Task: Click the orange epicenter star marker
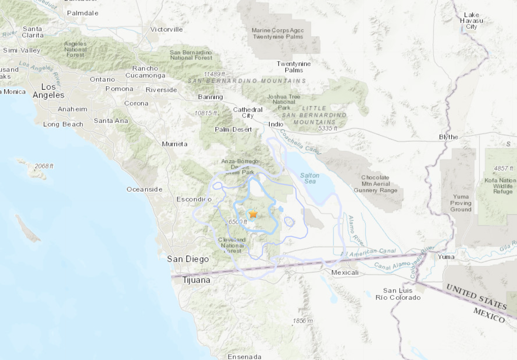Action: [x=253, y=214]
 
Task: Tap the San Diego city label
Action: [x=188, y=259]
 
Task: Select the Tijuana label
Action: [x=196, y=280]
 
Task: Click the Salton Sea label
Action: [x=310, y=178]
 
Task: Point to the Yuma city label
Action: [x=446, y=257]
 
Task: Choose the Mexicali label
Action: [x=345, y=273]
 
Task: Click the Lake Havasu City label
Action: [x=471, y=21]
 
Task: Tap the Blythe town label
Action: [x=448, y=137]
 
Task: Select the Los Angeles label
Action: [x=48, y=91]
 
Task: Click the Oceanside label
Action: [x=144, y=189]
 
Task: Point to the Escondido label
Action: [x=194, y=199]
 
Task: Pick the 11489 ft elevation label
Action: [x=214, y=74]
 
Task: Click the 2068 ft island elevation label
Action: [x=44, y=166]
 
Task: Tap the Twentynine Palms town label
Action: [x=293, y=67]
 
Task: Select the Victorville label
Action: [x=166, y=29]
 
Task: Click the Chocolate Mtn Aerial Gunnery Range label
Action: [x=375, y=184]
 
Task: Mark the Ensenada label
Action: [x=244, y=356]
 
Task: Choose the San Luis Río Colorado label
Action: [x=398, y=294]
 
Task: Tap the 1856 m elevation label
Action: [x=303, y=321]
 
